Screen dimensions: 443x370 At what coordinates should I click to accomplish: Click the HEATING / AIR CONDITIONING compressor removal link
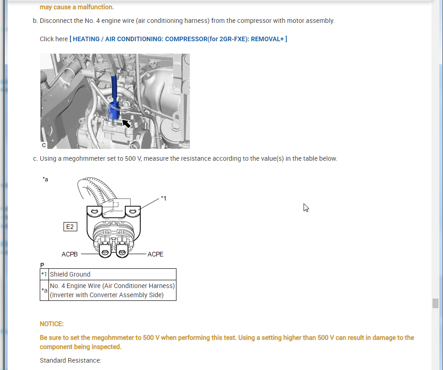click(178, 39)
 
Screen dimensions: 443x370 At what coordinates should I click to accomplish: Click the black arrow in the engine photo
click(126, 124)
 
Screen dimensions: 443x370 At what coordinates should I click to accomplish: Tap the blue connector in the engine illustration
click(114, 110)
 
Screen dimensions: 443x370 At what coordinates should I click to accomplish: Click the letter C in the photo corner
click(44, 145)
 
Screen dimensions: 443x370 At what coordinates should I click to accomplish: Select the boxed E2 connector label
click(70, 227)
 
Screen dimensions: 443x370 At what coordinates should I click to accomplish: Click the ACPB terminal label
click(69, 254)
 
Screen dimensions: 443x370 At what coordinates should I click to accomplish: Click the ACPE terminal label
click(155, 254)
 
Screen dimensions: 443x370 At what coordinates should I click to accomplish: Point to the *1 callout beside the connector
click(164, 198)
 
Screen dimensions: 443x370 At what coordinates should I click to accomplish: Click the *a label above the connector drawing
click(45, 179)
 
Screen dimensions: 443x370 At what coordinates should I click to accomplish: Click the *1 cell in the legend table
click(44, 274)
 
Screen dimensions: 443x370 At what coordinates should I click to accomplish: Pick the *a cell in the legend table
click(44, 290)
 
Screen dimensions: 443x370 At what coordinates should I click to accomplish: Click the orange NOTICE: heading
click(52, 324)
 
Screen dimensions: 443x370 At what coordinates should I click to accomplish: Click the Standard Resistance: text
click(70, 360)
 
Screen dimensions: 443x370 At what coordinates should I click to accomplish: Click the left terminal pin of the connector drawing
click(105, 252)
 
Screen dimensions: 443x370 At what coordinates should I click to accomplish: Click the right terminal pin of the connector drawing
click(122, 252)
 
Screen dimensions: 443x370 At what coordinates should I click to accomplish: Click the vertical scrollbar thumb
click(435, 303)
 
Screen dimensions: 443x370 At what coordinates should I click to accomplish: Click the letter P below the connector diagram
click(42, 265)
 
